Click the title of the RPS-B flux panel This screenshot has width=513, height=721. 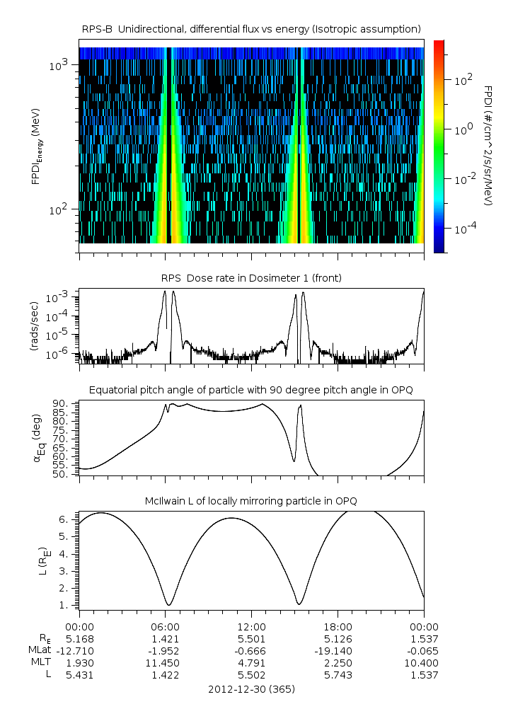point(252,28)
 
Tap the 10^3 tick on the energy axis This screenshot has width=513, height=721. point(58,65)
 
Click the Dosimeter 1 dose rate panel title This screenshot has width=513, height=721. point(251,278)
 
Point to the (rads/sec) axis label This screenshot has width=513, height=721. point(34,325)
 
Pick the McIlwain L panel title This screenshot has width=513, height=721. point(251,501)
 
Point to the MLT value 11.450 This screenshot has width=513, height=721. point(165,663)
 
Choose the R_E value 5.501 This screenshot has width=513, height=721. point(251,638)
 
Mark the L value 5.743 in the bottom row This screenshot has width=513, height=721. point(338,676)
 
